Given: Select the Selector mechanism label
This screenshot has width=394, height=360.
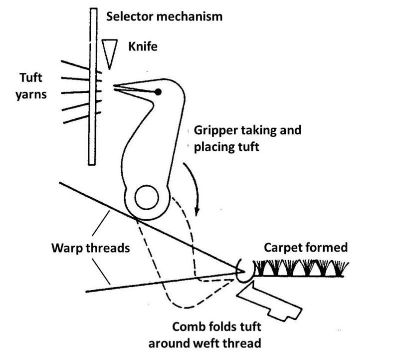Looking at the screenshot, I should [165, 16].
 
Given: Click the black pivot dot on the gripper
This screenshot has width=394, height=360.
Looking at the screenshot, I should [158, 92].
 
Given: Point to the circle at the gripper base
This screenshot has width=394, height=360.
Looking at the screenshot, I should [146, 198].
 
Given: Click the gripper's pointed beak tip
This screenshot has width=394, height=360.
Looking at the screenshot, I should [116, 87].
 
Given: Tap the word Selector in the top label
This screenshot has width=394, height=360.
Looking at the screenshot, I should [128, 16].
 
